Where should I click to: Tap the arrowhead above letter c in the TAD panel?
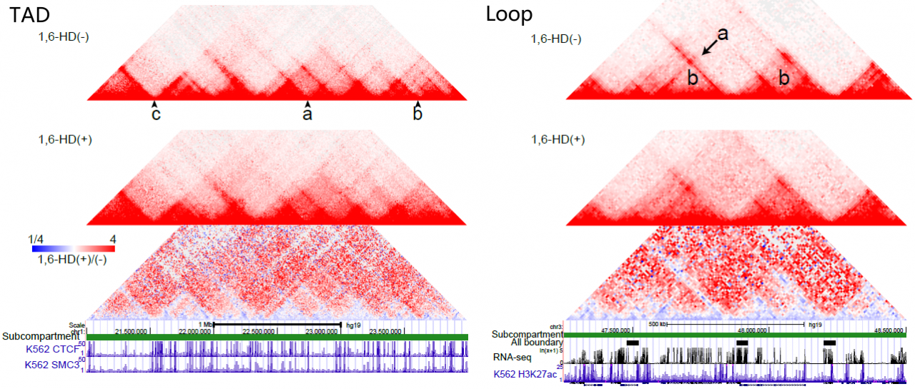click(155, 104)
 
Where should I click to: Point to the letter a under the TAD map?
click(307, 114)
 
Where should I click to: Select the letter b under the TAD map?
click(418, 114)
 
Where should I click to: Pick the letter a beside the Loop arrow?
click(723, 34)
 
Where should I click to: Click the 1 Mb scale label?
click(206, 325)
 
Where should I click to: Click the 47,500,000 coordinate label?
click(615, 330)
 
